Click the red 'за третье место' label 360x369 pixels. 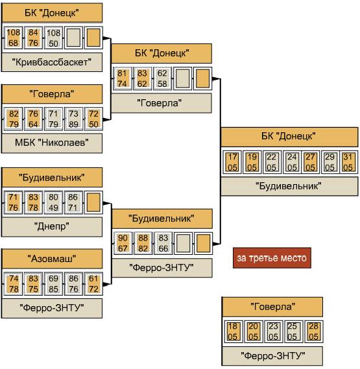tap(272, 257)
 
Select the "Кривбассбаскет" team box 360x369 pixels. tap(52, 62)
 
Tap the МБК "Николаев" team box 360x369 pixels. tap(52, 143)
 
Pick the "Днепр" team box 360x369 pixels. tap(52, 226)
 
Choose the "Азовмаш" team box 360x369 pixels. tap(52, 259)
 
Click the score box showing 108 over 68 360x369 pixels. tap(13, 38)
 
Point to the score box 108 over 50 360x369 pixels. tap(53, 38)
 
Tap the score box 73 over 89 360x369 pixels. tap(73, 119)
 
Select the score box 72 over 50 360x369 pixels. tap(93, 119)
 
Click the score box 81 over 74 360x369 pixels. tap(122, 78)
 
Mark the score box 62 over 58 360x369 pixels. tap(162, 78)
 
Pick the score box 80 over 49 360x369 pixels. tap(53, 202)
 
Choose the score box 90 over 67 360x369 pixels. tap(123, 243)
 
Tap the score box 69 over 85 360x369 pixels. tap(53, 283)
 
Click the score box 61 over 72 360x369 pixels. tap(93, 283)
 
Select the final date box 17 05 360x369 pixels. tap(232, 162)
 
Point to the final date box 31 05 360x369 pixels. tap(348, 162)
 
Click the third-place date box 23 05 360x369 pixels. tap(273, 331)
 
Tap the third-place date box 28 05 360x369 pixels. tap(313, 331)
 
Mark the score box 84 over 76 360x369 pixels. tap(33, 38)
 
